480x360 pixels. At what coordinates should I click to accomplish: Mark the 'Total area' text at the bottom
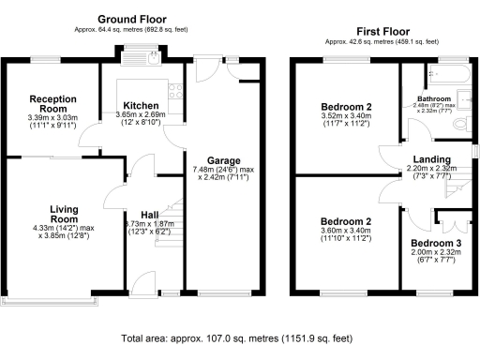pos(239,337)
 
